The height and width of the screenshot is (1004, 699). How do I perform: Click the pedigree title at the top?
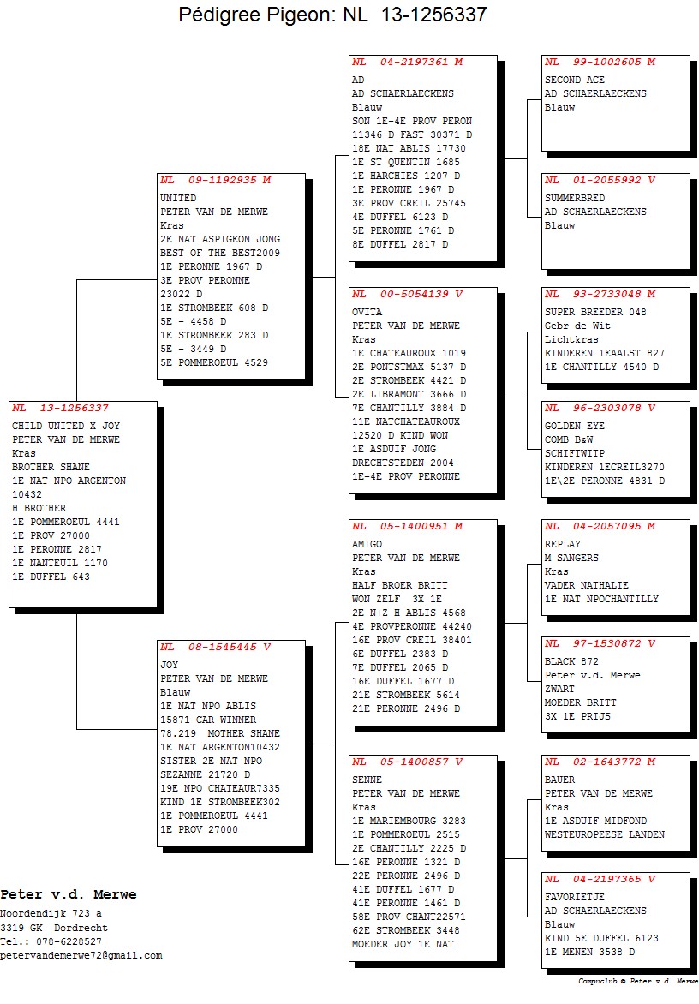pos(332,14)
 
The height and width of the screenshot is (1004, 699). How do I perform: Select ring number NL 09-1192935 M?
pos(216,181)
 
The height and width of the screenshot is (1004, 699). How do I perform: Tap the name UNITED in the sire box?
pos(178,198)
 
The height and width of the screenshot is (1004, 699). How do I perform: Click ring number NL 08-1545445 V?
pos(216,648)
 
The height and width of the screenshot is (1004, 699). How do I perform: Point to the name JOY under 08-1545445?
pos(169,665)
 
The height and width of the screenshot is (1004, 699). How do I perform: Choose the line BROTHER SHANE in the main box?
pos(51,467)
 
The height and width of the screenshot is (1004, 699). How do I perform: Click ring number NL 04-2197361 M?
pos(408,63)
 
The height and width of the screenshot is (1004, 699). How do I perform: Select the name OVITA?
pos(367,312)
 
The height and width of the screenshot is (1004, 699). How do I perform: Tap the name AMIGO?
pos(367,544)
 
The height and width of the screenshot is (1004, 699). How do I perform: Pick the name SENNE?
pos(367,780)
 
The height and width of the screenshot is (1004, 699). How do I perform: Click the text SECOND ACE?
pos(574,80)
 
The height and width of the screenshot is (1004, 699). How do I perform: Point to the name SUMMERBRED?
pos(574,198)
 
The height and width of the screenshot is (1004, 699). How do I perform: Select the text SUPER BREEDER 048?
pos(595,312)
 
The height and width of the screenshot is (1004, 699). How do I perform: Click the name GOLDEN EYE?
pos(574,426)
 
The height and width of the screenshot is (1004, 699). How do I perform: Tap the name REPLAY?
pos(563,544)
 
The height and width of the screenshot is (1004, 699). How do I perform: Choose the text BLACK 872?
pos(571,661)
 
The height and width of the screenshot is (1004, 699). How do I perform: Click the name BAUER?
pos(559,780)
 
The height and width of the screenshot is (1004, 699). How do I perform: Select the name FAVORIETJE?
pos(574,897)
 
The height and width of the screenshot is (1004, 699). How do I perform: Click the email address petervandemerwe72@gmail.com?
pos(81,955)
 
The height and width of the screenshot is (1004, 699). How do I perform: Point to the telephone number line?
pos(51,941)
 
